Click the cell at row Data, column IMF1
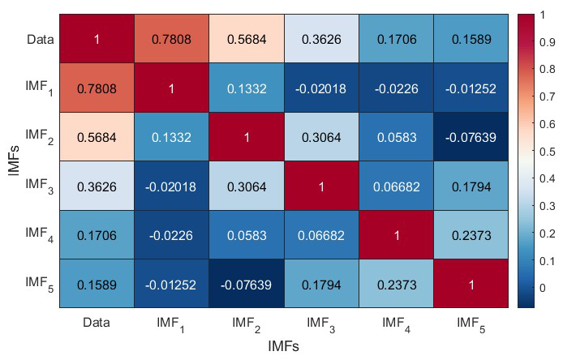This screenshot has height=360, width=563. point(171,39)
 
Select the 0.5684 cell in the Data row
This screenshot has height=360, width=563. point(247,39)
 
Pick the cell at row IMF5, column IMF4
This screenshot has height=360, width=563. point(395,283)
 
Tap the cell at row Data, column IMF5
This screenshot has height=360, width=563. point(470,39)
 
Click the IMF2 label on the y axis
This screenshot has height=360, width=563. point(37,135)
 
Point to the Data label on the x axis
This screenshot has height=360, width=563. point(97,323)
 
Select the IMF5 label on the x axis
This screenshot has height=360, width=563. point(470,324)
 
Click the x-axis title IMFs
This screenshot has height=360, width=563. point(283,346)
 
